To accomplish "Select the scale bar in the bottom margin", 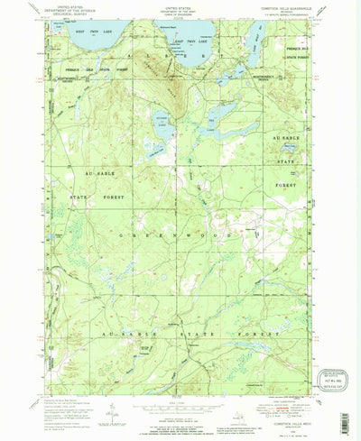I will [180, 398].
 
